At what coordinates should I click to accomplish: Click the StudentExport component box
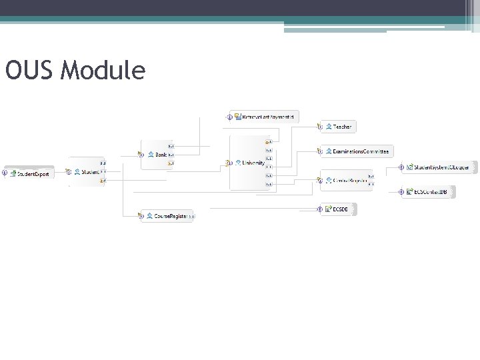click(31, 174)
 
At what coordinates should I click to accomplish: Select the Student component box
click(87, 172)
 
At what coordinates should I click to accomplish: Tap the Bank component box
click(157, 155)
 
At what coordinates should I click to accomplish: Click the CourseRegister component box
click(167, 216)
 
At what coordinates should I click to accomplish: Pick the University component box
click(250, 163)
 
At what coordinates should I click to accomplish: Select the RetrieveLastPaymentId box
click(266, 117)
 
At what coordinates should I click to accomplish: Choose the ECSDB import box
click(340, 209)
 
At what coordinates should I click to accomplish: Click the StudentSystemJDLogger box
click(437, 167)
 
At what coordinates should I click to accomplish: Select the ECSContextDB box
click(430, 192)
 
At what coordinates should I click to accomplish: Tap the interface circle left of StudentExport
click(5, 173)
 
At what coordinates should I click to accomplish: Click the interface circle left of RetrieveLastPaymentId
click(229, 117)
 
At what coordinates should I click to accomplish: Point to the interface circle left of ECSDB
click(319, 209)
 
